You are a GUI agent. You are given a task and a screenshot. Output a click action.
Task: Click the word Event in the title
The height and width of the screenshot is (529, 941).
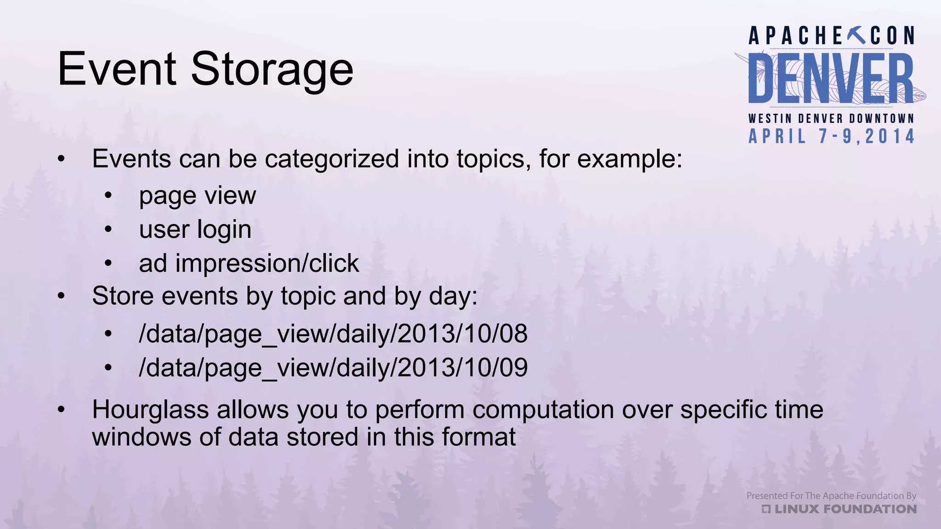[117, 69]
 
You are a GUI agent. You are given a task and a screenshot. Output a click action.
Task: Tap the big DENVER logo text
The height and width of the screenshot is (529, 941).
[831, 79]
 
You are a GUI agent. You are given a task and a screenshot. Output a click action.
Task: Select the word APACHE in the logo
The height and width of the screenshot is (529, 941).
[795, 36]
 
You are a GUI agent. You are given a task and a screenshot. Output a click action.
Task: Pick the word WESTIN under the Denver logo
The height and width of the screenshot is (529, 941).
[770, 118]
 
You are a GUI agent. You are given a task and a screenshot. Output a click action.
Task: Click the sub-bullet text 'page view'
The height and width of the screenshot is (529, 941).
[197, 196]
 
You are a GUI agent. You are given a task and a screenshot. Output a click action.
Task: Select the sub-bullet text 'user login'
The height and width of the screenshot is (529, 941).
[195, 229]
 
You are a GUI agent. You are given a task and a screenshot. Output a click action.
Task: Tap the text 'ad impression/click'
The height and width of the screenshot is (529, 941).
[249, 263]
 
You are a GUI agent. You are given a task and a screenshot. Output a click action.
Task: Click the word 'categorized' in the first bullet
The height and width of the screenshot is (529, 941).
[332, 159]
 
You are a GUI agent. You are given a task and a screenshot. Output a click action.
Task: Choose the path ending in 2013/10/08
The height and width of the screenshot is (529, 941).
[333, 333]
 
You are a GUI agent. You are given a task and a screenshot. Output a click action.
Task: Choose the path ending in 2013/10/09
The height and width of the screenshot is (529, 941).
[333, 367]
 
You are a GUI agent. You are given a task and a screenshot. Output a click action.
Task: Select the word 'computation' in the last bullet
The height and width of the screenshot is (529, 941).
[543, 410]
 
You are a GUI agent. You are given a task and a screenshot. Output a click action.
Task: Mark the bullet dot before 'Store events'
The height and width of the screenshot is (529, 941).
[62, 297]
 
